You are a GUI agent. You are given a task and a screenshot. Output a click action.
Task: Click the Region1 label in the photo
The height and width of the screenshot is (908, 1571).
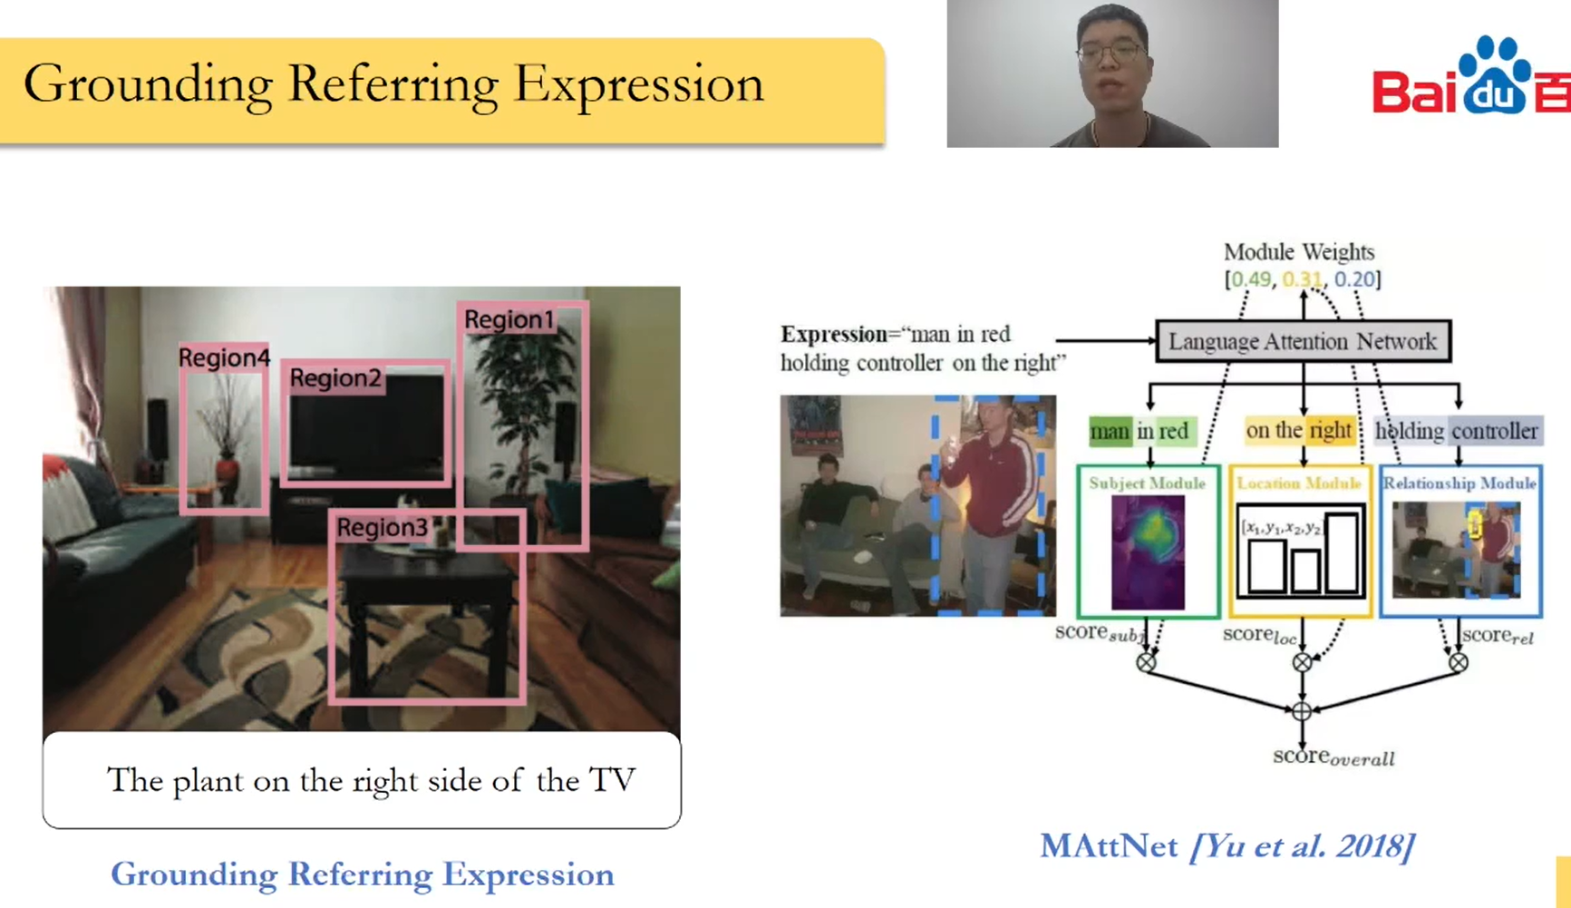point(509,319)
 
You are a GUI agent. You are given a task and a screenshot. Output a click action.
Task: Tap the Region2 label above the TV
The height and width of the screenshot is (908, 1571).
point(335,377)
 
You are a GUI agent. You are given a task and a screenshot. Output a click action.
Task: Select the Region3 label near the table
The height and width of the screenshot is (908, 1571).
point(382,527)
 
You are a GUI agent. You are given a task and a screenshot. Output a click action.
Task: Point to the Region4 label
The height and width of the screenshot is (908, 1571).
point(224,357)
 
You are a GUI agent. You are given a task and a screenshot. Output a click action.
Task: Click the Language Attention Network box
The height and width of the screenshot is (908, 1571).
point(1303,341)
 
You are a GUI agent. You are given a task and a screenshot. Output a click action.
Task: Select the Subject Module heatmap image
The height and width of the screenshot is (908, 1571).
point(1148,552)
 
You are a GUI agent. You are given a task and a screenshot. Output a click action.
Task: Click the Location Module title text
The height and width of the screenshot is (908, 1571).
point(1299,483)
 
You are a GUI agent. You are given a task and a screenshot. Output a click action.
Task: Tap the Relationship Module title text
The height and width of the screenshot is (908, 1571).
point(1459,483)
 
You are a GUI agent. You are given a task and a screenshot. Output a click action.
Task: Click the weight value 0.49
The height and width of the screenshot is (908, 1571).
point(1251,279)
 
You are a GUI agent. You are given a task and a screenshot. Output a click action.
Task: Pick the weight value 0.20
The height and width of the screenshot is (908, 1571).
point(1354,279)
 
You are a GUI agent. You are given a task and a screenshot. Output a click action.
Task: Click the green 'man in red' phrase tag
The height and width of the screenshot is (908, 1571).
point(1139,431)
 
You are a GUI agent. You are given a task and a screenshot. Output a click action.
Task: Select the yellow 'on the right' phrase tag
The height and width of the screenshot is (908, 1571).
point(1298,430)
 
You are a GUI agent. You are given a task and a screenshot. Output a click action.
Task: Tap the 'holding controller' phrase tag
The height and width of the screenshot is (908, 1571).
point(1457,431)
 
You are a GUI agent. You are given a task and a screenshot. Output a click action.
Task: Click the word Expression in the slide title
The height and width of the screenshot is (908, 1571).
point(638,84)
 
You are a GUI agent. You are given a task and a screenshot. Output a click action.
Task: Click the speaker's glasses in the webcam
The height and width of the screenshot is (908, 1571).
point(1111,53)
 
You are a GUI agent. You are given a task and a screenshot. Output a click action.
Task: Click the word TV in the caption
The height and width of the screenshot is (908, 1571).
point(612,780)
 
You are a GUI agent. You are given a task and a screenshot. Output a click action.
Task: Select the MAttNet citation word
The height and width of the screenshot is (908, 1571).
point(1109,846)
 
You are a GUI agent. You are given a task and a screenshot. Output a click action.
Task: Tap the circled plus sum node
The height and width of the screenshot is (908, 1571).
point(1302,711)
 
